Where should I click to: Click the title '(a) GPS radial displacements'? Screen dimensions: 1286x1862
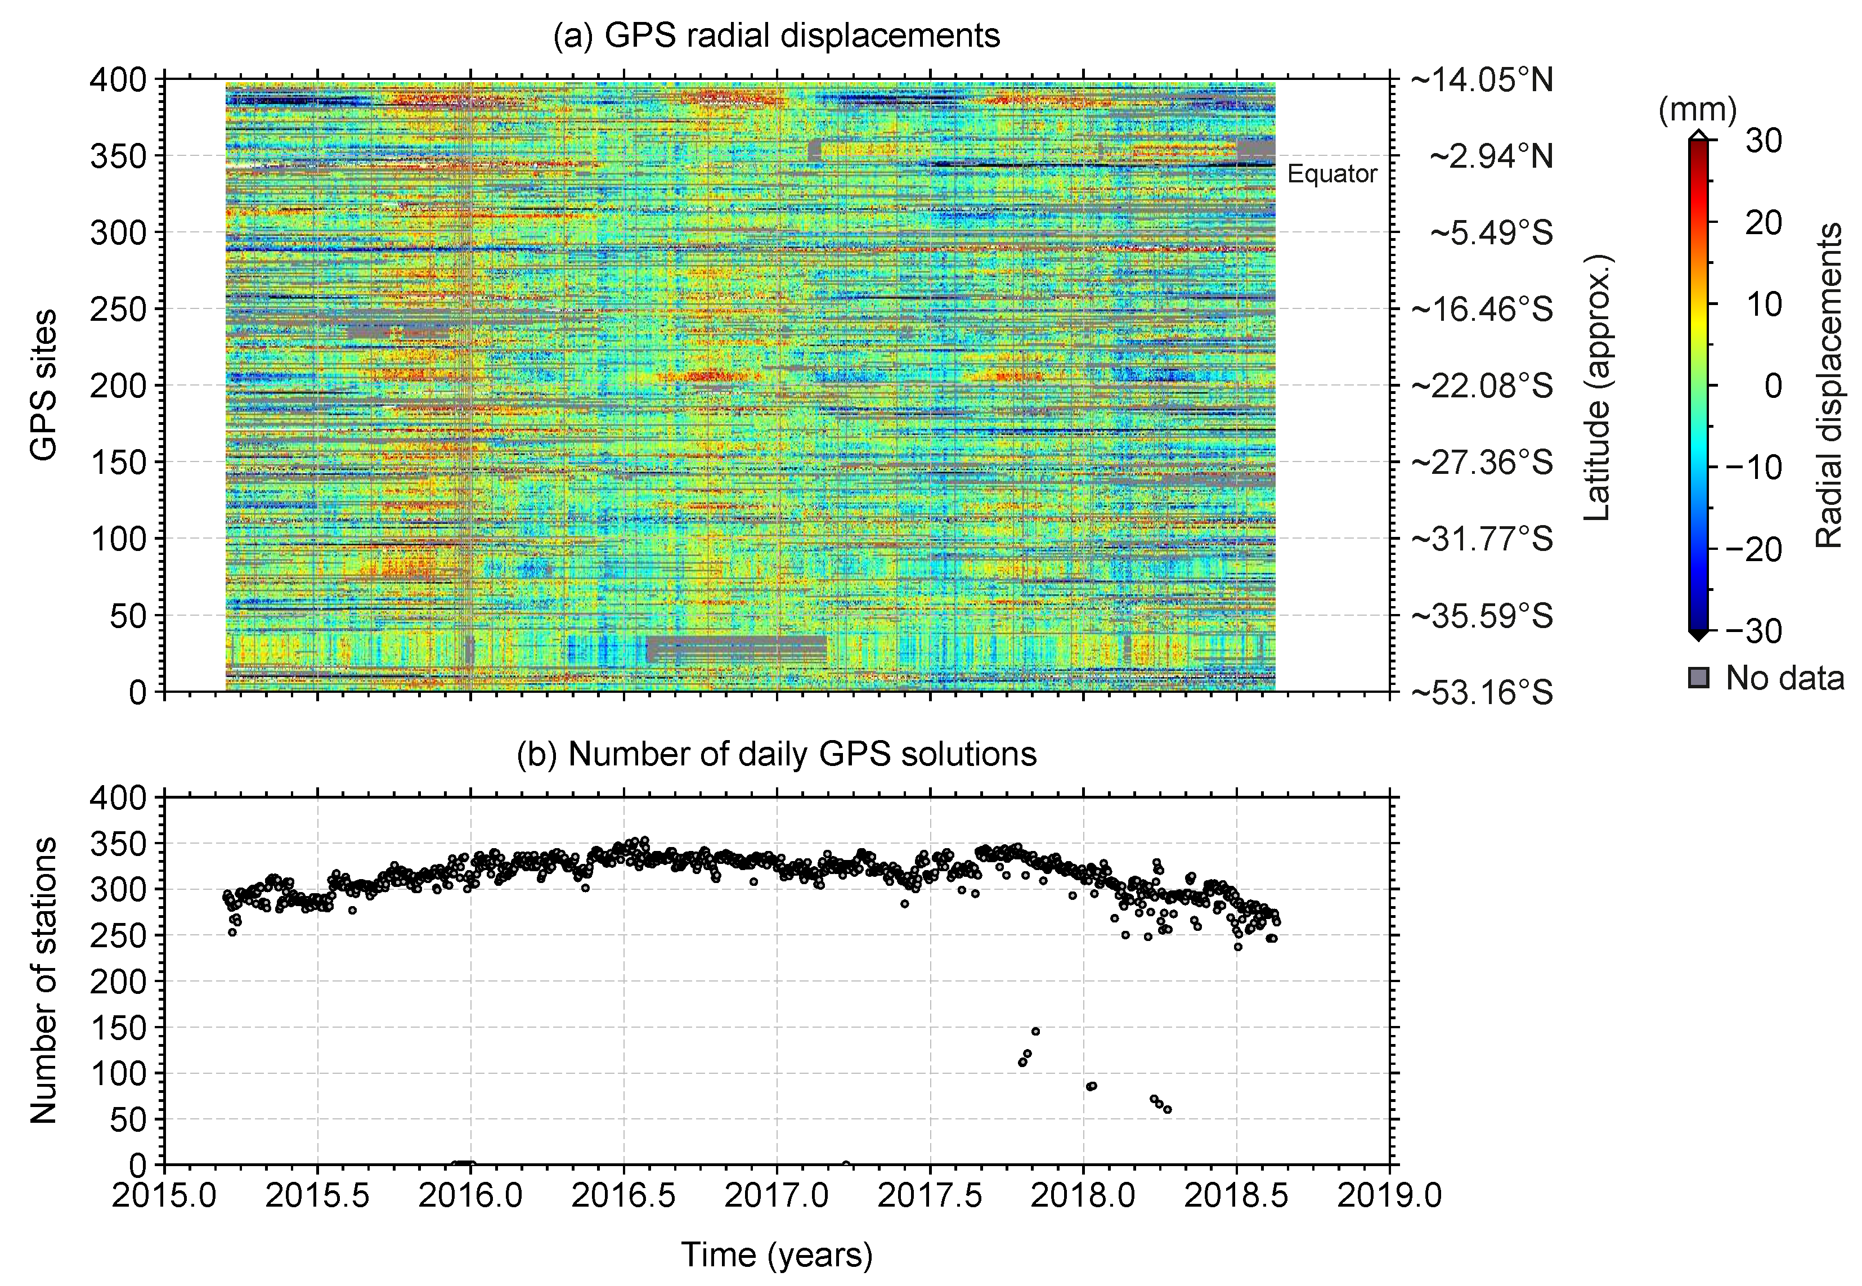(x=776, y=36)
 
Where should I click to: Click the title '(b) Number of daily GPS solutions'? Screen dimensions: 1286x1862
(x=776, y=754)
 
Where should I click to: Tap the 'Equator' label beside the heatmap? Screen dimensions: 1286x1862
(x=1332, y=174)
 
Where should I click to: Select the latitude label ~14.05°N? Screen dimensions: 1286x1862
(x=1481, y=80)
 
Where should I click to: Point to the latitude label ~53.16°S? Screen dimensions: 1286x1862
(x=1481, y=693)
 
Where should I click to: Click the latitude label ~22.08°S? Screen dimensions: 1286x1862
(x=1481, y=386)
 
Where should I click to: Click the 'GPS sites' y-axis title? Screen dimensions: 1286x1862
(x=44, y=385)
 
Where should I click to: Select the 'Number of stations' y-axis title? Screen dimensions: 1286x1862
(x=44, y=980)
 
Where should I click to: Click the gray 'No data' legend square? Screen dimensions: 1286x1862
(x=1698, y=678)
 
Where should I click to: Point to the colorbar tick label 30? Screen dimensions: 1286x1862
(x=1763, y=141)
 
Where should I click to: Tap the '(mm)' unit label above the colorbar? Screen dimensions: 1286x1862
(x=1697, y=110)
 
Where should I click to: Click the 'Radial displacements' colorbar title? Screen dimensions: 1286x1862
(x=1828, y=385)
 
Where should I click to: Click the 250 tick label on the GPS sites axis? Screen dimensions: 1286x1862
(x=118, y=310)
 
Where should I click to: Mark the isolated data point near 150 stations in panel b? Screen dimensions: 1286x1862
(x=1035, y=1032)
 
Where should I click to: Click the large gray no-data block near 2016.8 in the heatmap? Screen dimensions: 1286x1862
(x=735, y=649)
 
